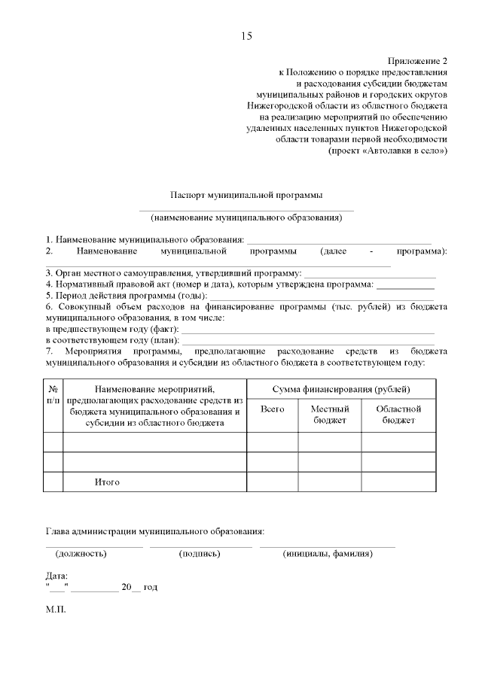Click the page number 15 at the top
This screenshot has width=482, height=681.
click(x=246, y=36)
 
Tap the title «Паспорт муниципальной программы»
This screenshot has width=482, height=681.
click(x=246, y=194)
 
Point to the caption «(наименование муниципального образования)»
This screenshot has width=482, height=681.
click(x=246, y=218)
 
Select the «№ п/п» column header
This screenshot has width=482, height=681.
click(x=53, y=394)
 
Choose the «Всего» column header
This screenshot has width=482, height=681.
click(x=272, y=409)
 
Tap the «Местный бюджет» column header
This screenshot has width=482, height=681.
click(x=330, y=414)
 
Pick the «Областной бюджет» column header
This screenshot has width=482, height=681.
click(x=398, y=414)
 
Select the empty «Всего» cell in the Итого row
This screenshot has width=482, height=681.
click(x=272, y=482)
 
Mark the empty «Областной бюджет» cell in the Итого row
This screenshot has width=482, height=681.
click(x=398, y=482)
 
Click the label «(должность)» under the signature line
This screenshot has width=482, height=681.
click(x=81, y=554)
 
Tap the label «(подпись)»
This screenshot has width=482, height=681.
click(x=200, y=554)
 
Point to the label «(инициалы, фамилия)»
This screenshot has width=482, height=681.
click(x=327, y=554)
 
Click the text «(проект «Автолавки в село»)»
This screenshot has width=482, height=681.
click(x=387, y=150)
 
